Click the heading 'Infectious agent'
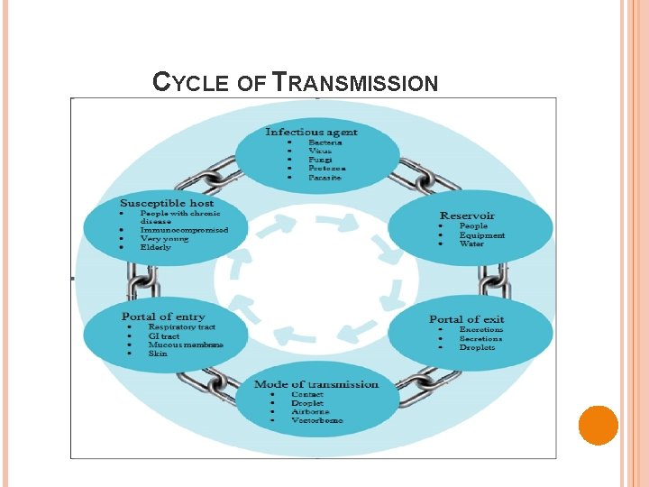(305, 132)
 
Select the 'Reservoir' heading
(467, 216)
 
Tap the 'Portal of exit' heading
(466, 319)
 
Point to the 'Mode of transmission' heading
(316, 384)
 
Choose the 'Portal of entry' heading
(163, 317)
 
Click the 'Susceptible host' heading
(167, 203)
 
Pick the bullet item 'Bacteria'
(324, 142)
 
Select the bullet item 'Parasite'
(324, 178)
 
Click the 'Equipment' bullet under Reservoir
(481, 235)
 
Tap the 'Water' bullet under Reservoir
(471, 244)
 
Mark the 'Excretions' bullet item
(480, 330)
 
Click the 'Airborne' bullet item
(310, 412)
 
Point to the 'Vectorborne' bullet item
(316, 421)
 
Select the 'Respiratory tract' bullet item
(181, 326)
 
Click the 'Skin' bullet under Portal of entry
(158, 354)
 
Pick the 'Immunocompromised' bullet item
(184, 230)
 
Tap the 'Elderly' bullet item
(155, 247)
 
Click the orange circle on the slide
(598, 425)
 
